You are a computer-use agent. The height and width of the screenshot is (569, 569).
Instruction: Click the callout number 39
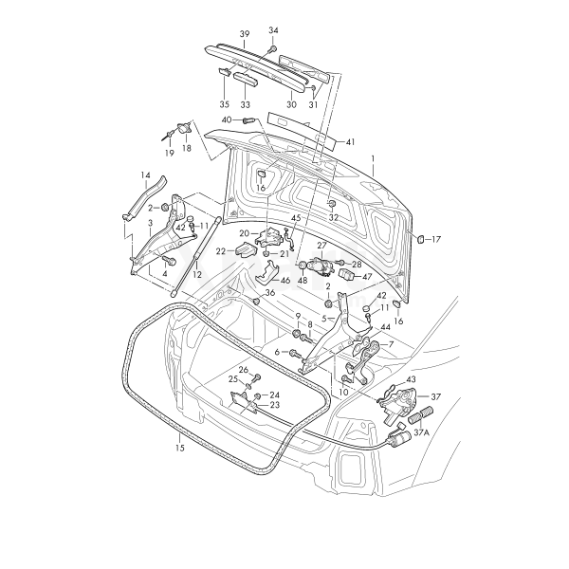pyautogui.click(x=244, y=34)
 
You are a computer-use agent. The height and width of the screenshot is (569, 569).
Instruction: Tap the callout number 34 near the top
pyautogui.click(x=274, y=30)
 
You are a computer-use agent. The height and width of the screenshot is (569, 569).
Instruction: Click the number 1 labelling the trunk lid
pyautogui.click(x=374, y=157)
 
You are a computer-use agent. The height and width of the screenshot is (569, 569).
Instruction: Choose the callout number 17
pyautogui.click(x=436, y=240)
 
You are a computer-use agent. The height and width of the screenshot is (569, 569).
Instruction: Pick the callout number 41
pyautogui.click(x=350, y=142)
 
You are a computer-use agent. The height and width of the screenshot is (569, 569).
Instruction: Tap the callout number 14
pyautogui.click(x=146, y=175)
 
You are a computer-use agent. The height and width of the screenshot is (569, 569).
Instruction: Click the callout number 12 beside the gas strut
pyautogui.click(x=197, y=274)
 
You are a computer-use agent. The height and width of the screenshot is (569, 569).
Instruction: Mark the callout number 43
pyautogui.click(x=411, y=380)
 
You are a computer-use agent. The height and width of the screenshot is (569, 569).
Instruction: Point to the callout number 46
pyautogui.click(x=284, y=282)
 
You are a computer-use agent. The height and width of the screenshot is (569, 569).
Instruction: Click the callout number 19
pyautogui.click(x=169, y=152)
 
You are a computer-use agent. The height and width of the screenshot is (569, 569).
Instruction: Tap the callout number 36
pyautogui.click(x=270, y=293)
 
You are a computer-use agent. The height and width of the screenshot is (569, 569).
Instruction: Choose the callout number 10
pyautogui.click(x=343, y=391)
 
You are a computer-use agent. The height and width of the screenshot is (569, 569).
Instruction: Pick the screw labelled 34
pyautogui.click(x=272, y=47)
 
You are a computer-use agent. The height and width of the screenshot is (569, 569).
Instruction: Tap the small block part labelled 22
pyautogui.click(x=246, y=250)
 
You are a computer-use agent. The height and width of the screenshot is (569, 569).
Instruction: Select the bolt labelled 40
pyautogui.click(x=248, y=121)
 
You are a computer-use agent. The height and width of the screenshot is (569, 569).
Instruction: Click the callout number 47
pyautogui.click(x=367, y=276)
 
